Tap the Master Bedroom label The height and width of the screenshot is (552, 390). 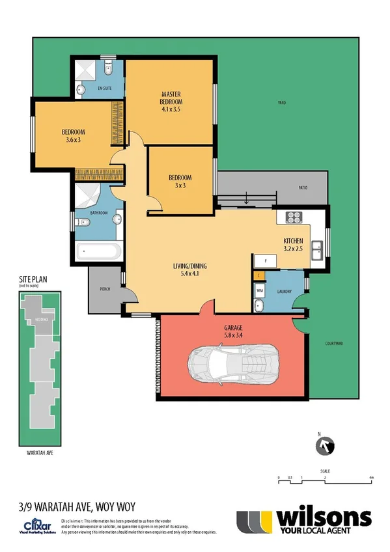click(172, 98)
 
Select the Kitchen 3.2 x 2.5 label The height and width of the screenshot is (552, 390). click(294, 244)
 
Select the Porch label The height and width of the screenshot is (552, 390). click(103, 291)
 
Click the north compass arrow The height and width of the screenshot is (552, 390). click(325, 446)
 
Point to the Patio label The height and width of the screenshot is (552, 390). click(303, 189)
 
